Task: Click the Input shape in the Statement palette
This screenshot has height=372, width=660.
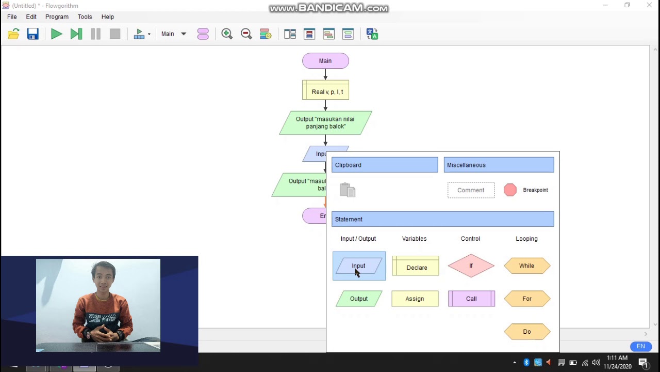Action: pyautogui.click(x=359, y=266)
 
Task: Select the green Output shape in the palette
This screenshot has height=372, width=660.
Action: pyautogui.click(x=359, y=299)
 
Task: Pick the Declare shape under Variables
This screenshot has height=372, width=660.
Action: pyautogui.click(x=416, y=267)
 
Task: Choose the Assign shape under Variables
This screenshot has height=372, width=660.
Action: pyautogui.click(x=415, y=299)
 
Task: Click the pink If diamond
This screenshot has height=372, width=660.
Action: pyautogui.click(x=471, y=266)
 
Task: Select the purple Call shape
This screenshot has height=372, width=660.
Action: pyautogui.click(x=471, y=299)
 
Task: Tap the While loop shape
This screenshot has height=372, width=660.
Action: pyautogui.click(x=526, y=266)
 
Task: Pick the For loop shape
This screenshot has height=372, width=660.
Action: pyautogui.click(x=526, y=299)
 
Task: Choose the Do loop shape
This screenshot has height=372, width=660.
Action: pyautogui.click(x=526, y=332)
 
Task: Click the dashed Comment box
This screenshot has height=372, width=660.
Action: pyautogui.click(x=471, y=190)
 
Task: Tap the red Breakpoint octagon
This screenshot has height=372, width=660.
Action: pyautogui.click(x=510, y=190)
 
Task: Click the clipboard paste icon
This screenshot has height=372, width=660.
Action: pyautogui.click(x=348, y=190)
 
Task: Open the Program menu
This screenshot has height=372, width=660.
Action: pyautogui.click(x=57, y=17)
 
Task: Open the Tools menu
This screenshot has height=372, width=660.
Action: pyautogui.click(x=85, y=17)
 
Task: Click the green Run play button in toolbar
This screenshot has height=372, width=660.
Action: pyautogui.click(x=56, y=34)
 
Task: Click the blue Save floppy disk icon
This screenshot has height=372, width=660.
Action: pyautogui.click(x=33, y=34)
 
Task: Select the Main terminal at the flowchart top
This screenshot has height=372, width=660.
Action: pyautogui.click(x=325, y=61)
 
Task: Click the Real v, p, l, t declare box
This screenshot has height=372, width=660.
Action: pyautogui.click(x=325, y=91)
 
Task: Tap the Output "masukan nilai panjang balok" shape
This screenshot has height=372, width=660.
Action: pyautogui.click(x=325, y=123)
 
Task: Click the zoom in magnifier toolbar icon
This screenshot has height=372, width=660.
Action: pyautogui.click(x=227, y=34)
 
